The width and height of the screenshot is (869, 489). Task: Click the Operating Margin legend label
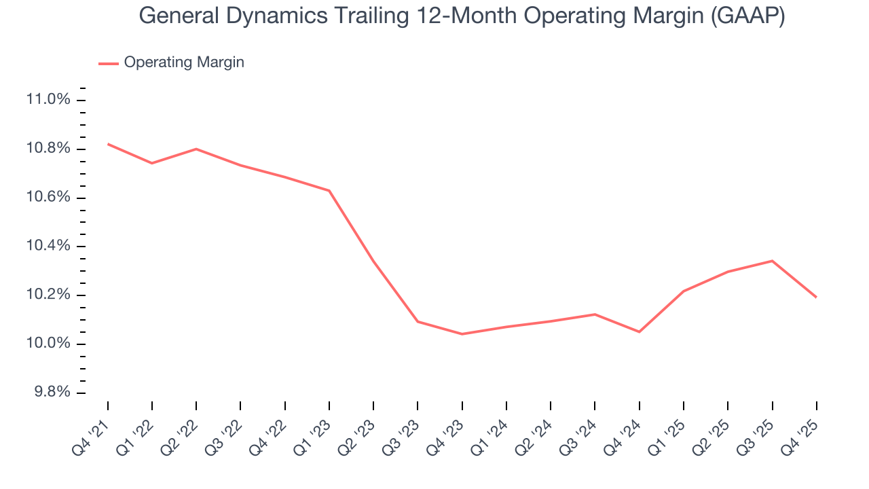(x=184, y=62)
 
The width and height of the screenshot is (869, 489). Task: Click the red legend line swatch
(x=109, y=63)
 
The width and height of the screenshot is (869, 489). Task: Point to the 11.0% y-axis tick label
(x=48, y=100)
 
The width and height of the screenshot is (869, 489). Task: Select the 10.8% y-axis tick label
(x=48, y=149)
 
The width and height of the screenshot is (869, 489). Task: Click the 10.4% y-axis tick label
(x=48, y=246)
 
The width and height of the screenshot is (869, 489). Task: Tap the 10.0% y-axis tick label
(x=48, y=344)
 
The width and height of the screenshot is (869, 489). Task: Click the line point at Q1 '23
(x=329, y=190)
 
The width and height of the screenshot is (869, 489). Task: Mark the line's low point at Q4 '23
(x=462, y=334)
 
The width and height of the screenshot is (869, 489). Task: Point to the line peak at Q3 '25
(x=772, y=261)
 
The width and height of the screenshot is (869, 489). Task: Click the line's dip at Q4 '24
(x=640, y=331)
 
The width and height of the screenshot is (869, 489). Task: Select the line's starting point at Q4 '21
(x=108, y=144)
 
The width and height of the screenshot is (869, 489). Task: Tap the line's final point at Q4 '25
(x=816, y=297)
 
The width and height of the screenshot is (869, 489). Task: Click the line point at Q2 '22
(x=196, y=149)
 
